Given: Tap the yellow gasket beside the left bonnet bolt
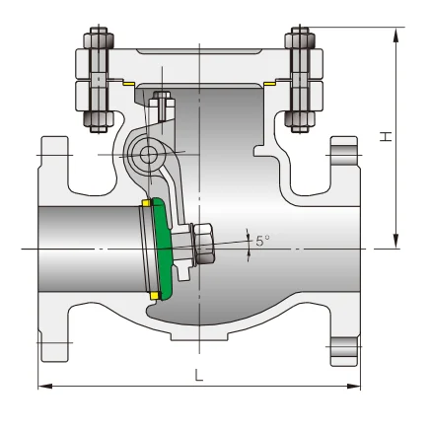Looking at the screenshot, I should [x=124, y=84].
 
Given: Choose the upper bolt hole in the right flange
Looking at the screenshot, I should [x=341, y=154].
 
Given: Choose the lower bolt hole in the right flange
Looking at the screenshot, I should [x=341, y=347].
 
